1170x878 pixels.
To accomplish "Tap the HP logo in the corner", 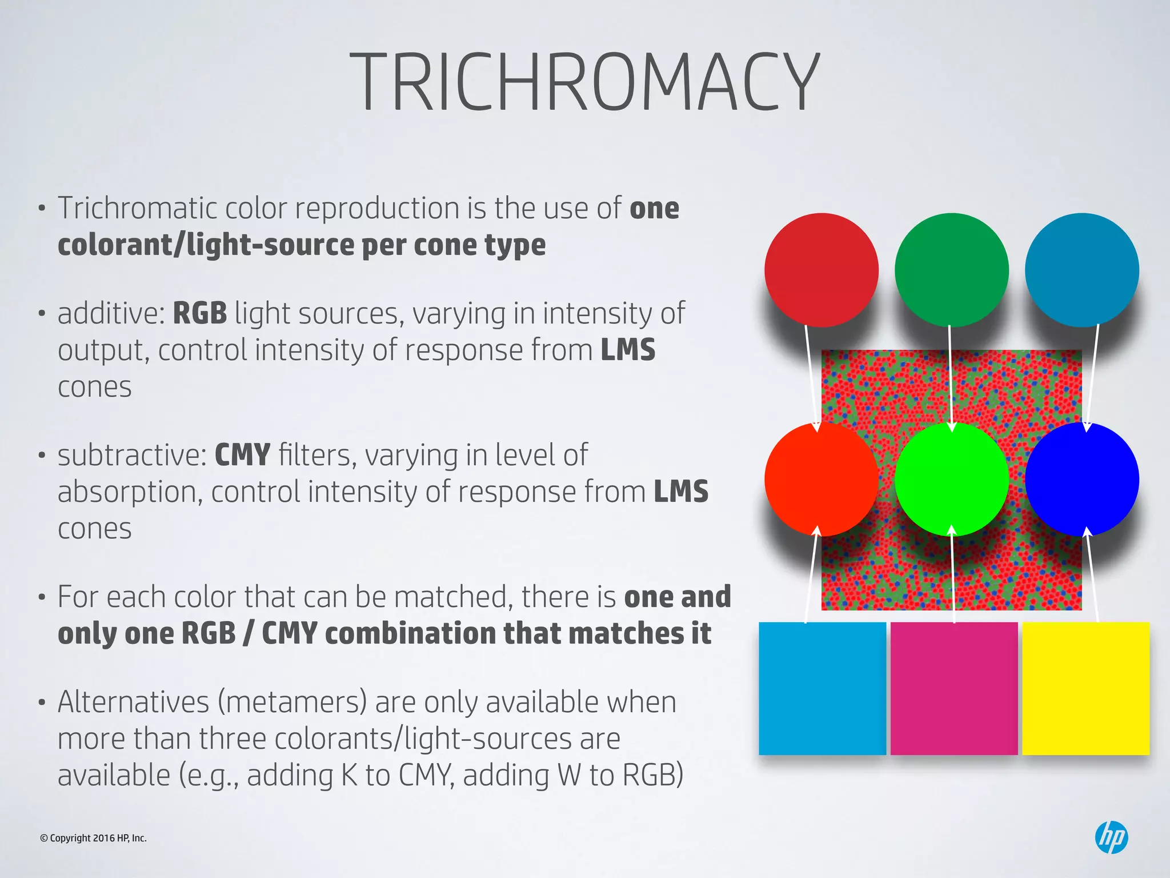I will point(1111,837).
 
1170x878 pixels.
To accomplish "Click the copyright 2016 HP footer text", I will point(93,838).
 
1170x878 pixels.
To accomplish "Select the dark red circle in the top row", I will point(821,270).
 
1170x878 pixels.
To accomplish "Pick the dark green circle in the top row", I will point(951,270).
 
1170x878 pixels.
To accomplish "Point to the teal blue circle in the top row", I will point(1081,270).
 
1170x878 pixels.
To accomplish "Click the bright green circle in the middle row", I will point(951,479).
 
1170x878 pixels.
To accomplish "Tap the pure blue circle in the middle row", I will point(1081,479).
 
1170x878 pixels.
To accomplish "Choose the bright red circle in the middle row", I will point(821,479).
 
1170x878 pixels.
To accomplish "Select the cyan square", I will point(822,688).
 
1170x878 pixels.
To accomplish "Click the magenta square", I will point(954,688).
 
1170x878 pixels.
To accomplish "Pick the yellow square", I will point(1085,688).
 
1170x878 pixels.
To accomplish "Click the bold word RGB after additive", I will point(200,313).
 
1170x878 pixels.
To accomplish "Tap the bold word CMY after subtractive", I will point(242,455).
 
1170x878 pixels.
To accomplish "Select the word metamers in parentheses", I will point(292,702).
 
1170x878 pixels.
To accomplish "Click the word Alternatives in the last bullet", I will point(133,702).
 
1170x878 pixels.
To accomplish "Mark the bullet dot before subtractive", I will point(41,456).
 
